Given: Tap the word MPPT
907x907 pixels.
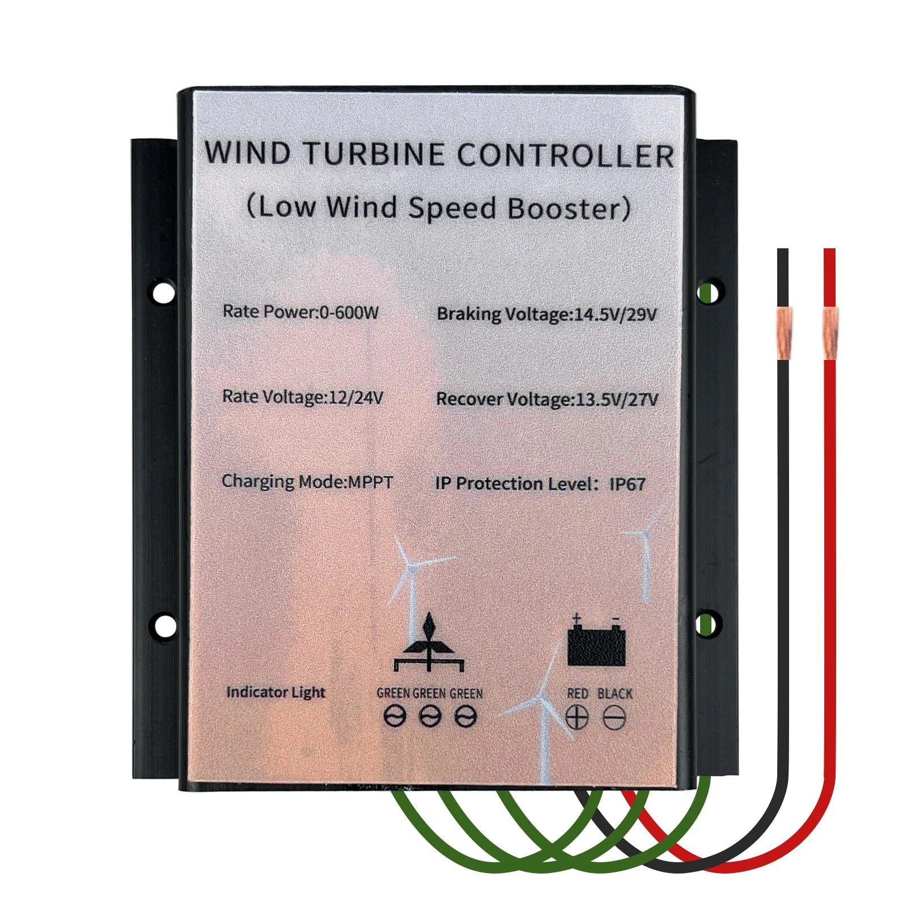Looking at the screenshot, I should click(370, 482).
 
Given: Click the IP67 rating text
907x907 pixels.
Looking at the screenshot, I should click(627, 484).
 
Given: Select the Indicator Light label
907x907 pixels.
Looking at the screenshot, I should click(276, 692).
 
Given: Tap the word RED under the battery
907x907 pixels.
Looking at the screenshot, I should click(577, 693).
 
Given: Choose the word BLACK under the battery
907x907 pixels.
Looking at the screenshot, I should click(614, 693).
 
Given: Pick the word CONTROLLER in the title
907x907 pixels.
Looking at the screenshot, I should click(565, 155).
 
